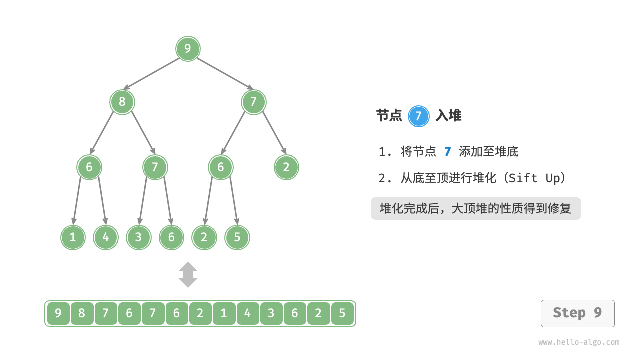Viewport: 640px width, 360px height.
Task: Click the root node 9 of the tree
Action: pos(188,49)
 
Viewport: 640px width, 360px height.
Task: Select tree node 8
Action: pos(122,102)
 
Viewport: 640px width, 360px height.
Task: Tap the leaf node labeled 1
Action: pos(73,237)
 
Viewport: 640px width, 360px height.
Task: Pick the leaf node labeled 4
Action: pos(106,237)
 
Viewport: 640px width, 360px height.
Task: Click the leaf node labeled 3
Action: pos(138,237)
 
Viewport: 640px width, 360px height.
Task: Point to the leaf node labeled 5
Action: pos(237,237)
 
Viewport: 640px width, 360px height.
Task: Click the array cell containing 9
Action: pos(58,313)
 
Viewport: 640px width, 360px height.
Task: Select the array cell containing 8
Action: pos(82,313)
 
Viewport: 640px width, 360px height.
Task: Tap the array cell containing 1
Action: pos(224,313)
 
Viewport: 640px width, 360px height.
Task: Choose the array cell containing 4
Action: pos(248,313)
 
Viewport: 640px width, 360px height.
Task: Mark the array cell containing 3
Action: pos(271,313)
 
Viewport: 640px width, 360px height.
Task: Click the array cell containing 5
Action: pos(342,313)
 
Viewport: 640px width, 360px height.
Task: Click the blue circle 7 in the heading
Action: pos(418,116)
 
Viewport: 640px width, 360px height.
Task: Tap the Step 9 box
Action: pos(577,313)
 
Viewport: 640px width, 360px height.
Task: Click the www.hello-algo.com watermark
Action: pos(579,342)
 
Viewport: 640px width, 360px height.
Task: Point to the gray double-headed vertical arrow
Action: pos(188,275)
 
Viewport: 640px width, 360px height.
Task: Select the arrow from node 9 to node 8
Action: pos(152,74)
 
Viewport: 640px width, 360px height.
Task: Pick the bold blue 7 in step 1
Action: pos(447,151)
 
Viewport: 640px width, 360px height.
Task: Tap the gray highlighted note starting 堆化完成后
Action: pos(476,208)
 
